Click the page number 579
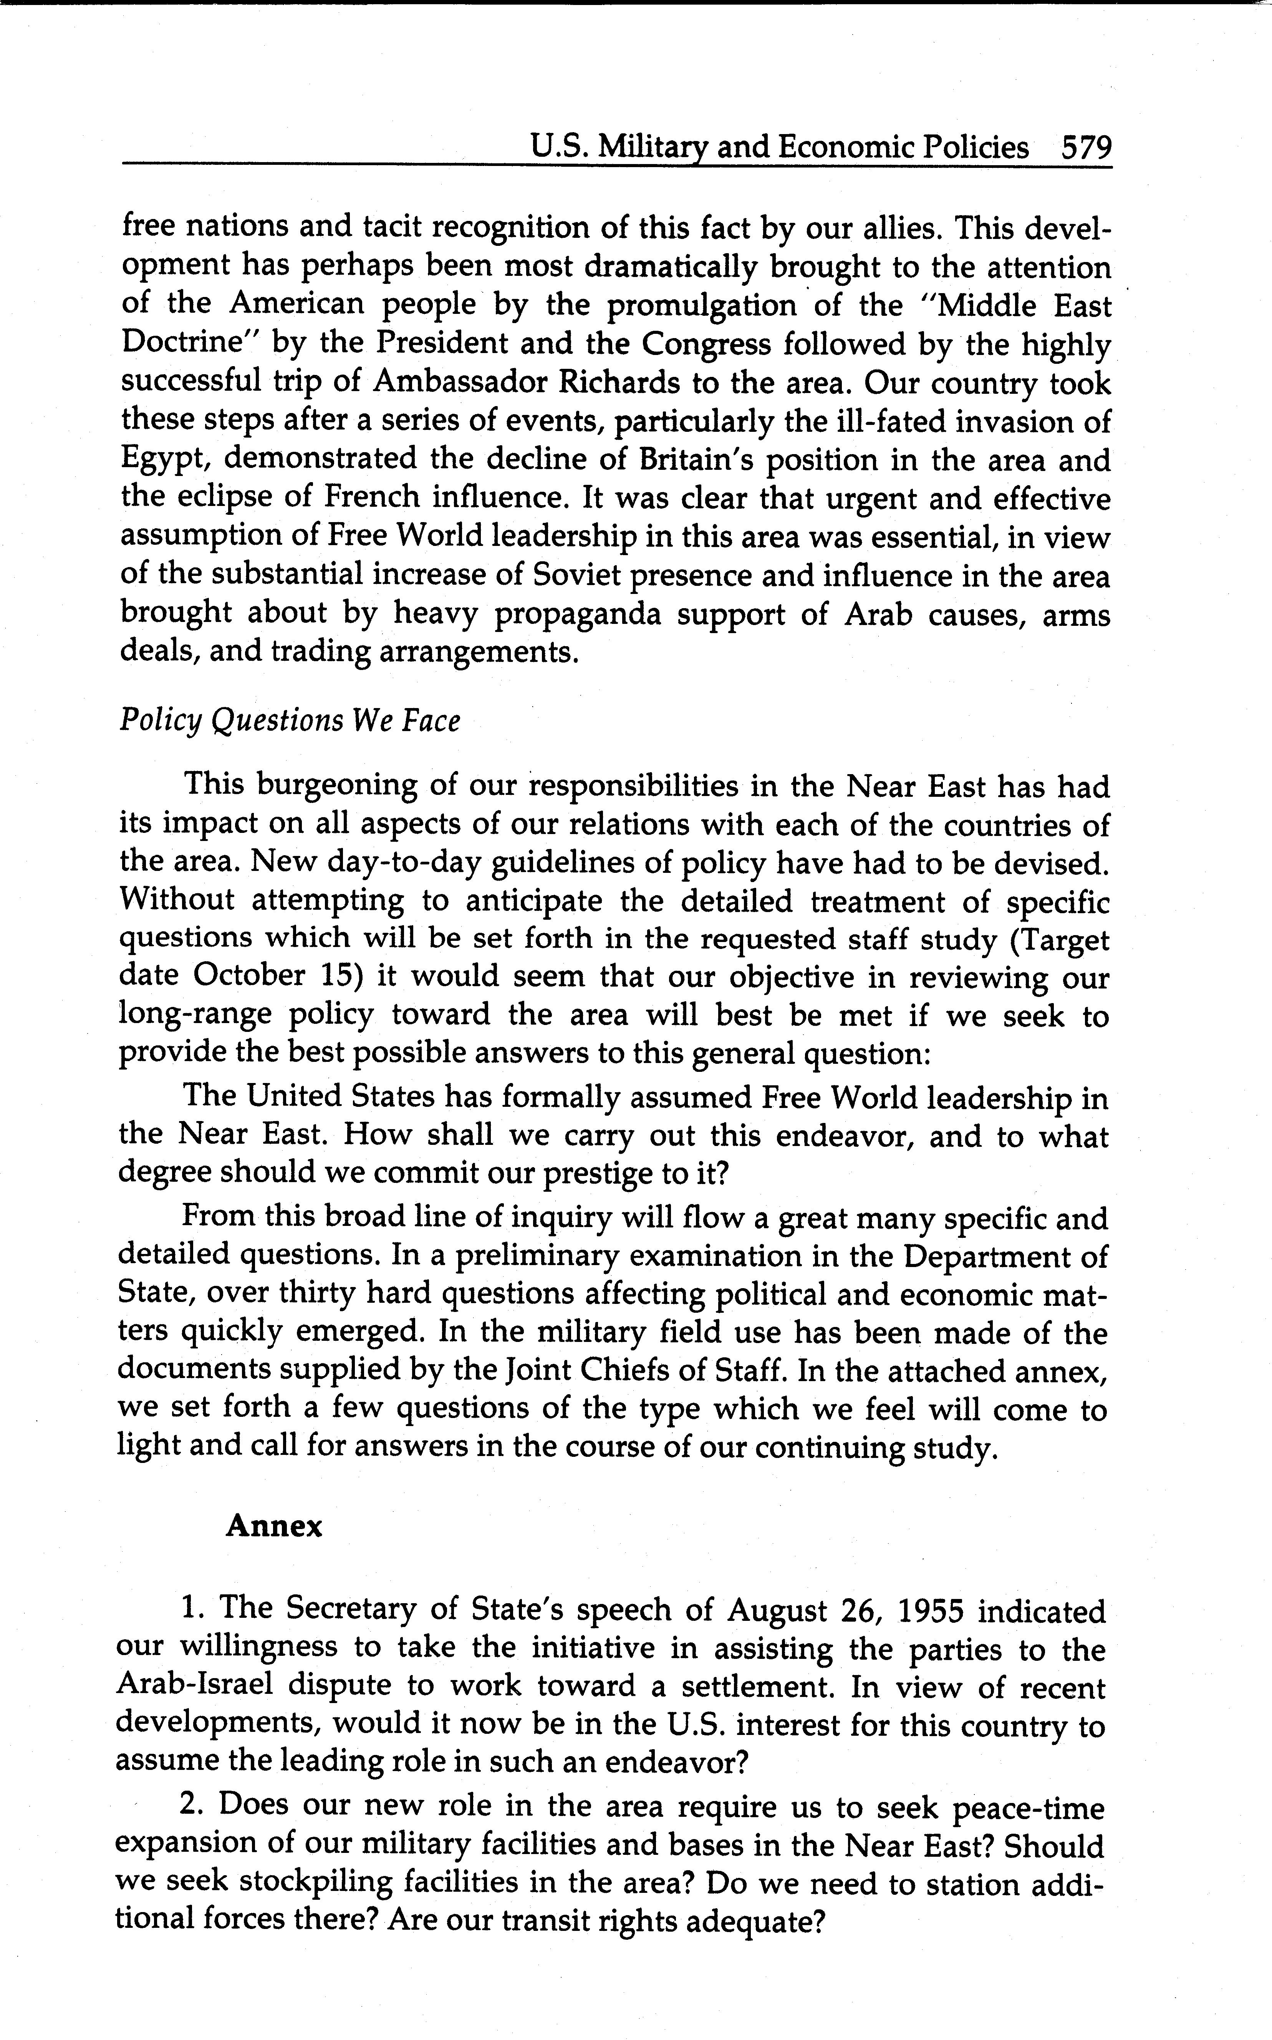point(1086,148)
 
